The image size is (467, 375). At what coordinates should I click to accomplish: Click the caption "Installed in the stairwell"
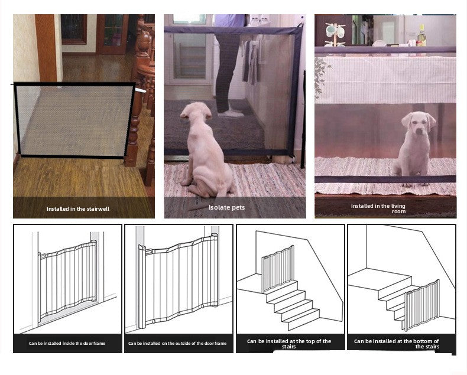78,208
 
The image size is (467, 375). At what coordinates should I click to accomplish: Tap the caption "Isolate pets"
226,207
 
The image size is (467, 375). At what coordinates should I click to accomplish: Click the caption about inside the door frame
68,343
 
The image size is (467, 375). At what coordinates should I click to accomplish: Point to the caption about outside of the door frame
177,343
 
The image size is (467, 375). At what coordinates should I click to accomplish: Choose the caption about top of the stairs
289,343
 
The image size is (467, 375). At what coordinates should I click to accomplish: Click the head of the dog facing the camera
418,122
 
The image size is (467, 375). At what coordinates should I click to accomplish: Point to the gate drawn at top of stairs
277,268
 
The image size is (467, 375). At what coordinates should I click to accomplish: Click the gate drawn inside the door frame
67,279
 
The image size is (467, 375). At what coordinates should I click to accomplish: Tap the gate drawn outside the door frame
177,281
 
